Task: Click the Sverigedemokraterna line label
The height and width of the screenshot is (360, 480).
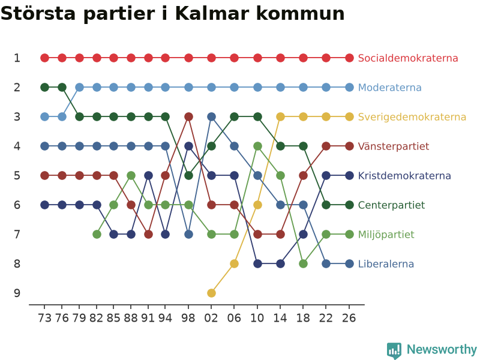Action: point(412,117)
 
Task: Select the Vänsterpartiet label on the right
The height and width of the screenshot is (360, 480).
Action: point(394,146)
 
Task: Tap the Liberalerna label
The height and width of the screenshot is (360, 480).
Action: point(386,264)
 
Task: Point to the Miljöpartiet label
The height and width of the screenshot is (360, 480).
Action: point(386,235)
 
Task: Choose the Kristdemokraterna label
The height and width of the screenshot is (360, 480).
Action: point(404,176)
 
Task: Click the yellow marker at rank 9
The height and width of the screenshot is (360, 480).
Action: point(211,293)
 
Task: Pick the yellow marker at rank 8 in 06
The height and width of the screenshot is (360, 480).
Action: point(234,263)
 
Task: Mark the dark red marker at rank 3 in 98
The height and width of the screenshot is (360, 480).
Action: point(189,116)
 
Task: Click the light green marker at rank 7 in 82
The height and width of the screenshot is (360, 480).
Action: point(97,235)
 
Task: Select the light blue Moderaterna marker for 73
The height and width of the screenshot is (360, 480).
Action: point(44,116)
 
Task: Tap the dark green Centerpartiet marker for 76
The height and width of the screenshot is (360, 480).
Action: point(62,87)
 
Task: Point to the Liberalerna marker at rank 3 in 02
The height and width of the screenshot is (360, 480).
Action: point(211,116)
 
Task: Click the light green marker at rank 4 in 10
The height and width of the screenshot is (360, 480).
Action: point(258,146)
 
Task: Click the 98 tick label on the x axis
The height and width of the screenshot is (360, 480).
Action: point(188,319)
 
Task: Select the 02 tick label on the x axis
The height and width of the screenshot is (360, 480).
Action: point(211,319)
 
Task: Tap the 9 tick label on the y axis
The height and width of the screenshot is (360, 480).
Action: point(17,293)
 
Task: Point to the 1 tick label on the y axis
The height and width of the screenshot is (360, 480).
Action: point(17,58)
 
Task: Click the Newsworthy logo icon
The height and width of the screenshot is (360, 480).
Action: point(394,350)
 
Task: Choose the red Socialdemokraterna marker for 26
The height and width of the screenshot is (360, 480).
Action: point(349,58)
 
